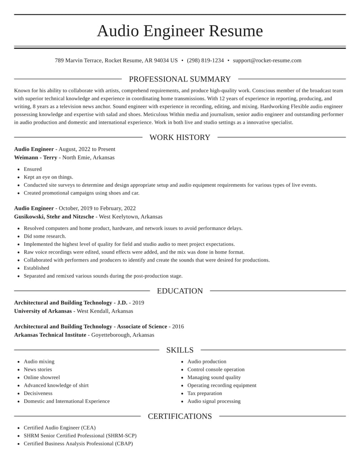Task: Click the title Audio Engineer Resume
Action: tap(180, 31)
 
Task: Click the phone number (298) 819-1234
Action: tap(205, 60)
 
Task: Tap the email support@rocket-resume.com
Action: tap(267, 60)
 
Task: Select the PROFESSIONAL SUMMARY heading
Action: tap(180, 79)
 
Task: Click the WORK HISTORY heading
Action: tap(180, 137)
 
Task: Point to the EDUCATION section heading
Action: tap(180, 291)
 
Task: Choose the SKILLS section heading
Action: tap(180, 350)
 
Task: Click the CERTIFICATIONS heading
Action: tap(180, 416)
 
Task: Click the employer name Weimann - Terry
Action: tap(36, 158)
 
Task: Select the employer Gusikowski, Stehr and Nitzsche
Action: tap(54, 217)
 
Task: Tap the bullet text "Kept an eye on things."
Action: tap(48, 177)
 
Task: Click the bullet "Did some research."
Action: tap(45, 236)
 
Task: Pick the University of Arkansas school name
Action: tap(43, 311)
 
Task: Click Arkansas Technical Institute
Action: tap(50, 335)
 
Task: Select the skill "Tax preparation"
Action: tap(205, 393)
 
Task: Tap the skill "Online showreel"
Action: tap(42, 377)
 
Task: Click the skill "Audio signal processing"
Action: tap(214, 401)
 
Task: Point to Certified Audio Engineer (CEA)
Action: tap(59, 428)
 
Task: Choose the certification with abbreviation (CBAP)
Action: tap(78, 443)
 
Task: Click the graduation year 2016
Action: tap(178, 326)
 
